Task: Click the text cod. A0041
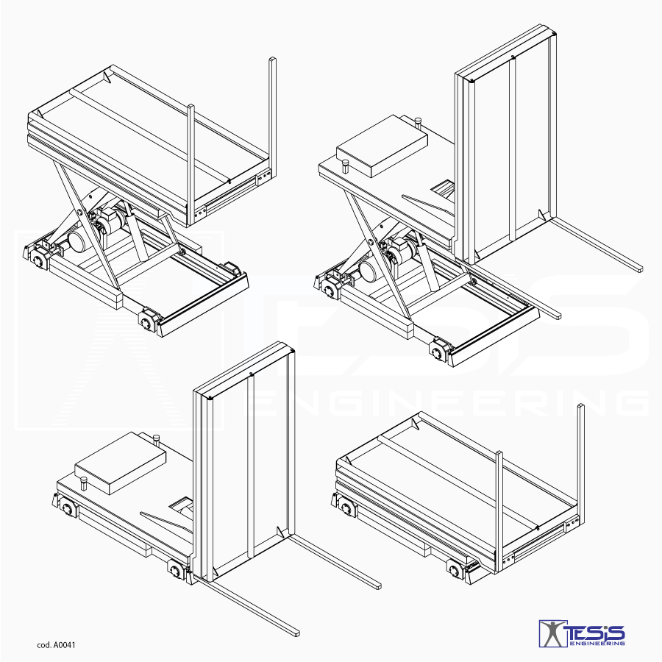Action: [x=56, y=644]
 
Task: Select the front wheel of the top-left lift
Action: [x=147, y=322]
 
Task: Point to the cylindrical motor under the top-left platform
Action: [x=78, y=242]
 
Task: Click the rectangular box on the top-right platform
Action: [x=382, y=146]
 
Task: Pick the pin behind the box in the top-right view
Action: [x=419, y=122]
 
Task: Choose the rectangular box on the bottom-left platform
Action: [x=121, y=463]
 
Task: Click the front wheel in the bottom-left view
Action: [x=176, y=570]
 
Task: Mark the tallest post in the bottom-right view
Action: [x=581, y=464]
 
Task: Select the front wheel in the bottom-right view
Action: [x=455, y=571]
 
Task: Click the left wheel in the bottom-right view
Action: [x=346, y=508]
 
